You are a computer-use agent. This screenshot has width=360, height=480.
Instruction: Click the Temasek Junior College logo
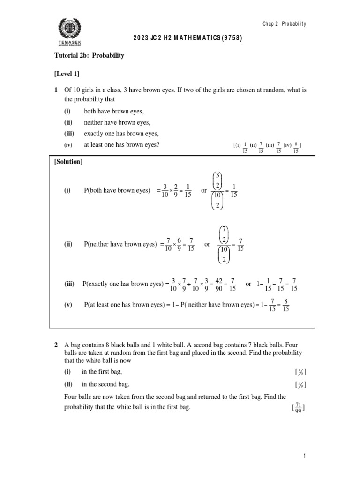tap(69, 32)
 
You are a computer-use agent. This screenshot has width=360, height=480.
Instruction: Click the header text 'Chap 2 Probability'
tap(285, 24)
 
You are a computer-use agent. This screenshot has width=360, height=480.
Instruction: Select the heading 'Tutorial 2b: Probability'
tap(89, 55)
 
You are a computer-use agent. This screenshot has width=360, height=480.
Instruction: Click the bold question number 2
tap(56, 345)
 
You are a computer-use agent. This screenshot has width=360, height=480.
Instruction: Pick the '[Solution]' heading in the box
tap(68, 162)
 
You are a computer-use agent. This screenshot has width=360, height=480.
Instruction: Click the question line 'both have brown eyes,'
tap(114, 111)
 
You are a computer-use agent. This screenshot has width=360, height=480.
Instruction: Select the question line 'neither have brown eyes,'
tap(117, 122)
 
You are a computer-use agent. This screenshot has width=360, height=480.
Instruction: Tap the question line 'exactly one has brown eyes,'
tap(121, 134)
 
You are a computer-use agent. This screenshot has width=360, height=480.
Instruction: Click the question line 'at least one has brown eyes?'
tap(122, 145)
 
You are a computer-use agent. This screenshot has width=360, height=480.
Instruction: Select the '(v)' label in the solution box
tap(68, 305)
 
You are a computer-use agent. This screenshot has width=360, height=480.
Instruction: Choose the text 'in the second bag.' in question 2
tap(105, 384)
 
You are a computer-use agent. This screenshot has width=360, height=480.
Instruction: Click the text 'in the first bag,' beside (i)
tap(102, 372)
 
